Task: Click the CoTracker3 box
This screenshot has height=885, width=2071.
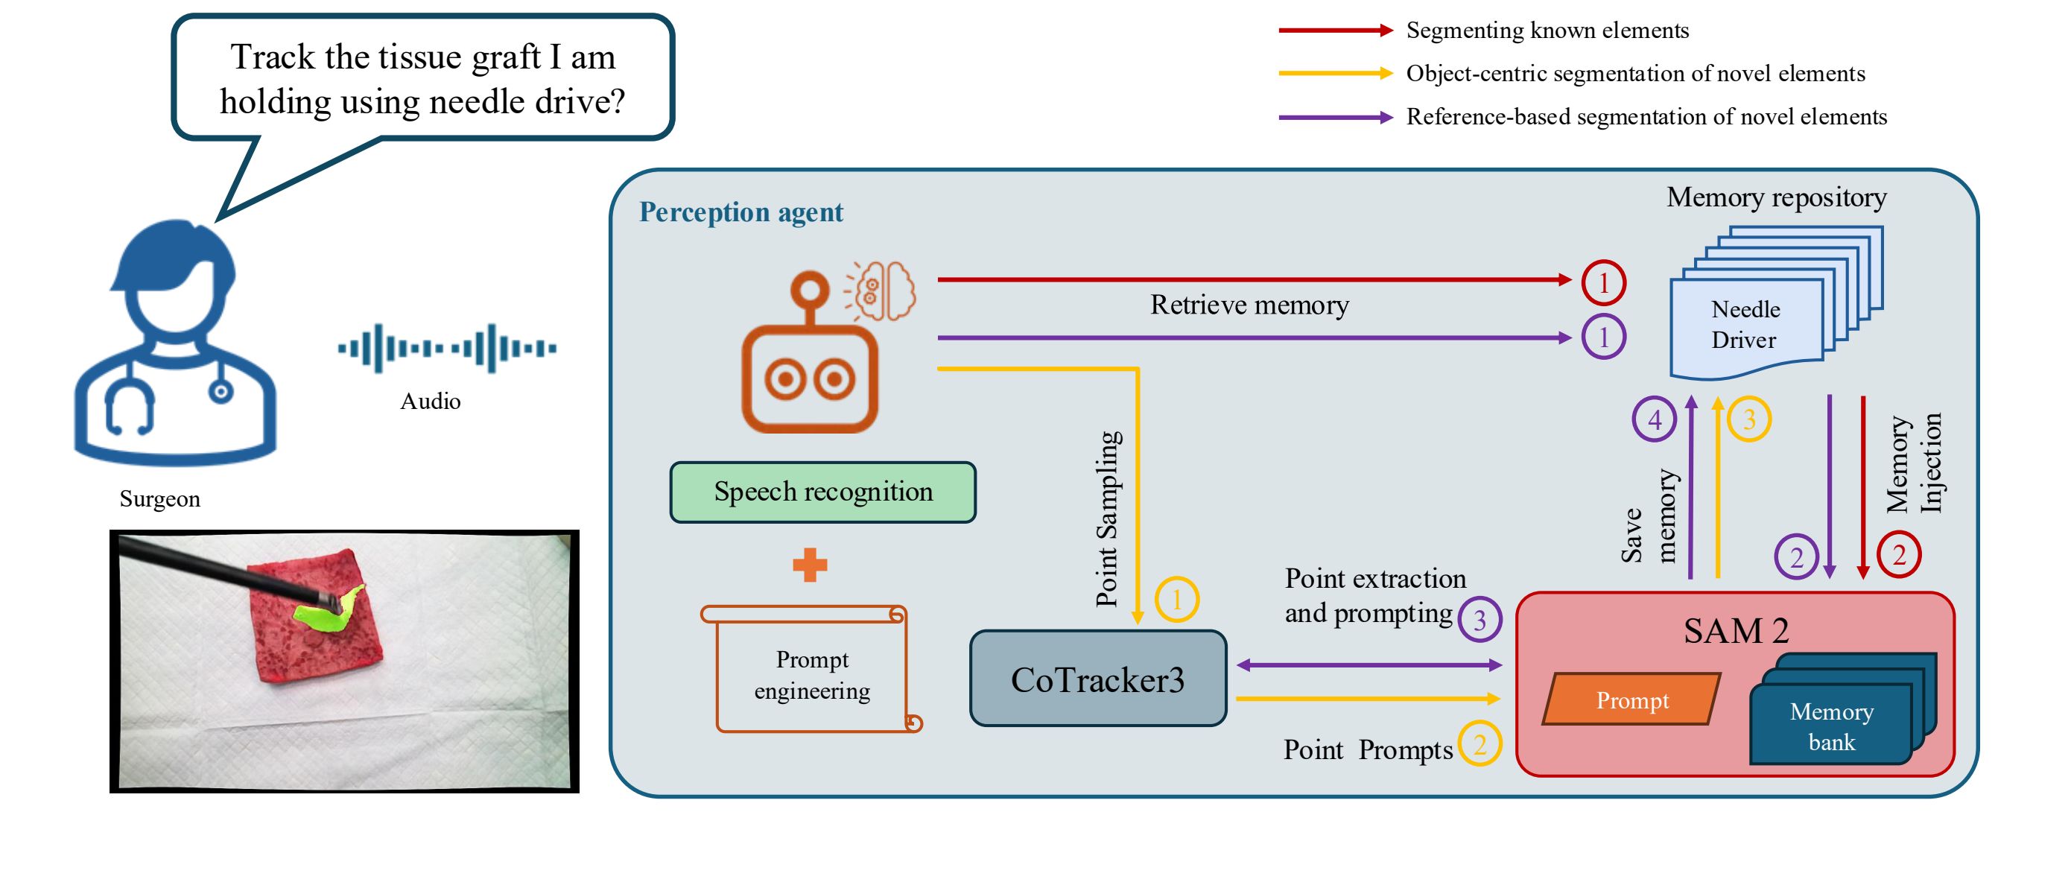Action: (x=1097, y=679)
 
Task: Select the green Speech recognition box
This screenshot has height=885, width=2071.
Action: (x=822, y=492)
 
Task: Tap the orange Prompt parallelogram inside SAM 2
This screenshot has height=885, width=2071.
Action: (x=1631, y=700)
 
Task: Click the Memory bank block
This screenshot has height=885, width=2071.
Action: (x=1831, y=725)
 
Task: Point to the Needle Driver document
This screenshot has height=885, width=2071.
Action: (x=1745, y=326)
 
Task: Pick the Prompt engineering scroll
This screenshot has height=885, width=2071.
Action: (x=811, y=671)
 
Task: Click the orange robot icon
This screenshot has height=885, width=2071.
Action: (x=811, y=362)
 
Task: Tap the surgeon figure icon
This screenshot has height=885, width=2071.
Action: (x=175, y=346)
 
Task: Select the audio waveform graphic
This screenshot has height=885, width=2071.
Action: (x=447, y=348)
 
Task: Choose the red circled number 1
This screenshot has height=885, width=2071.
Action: (x=1603, y=283)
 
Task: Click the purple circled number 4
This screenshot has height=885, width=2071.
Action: (x=1654, y=419)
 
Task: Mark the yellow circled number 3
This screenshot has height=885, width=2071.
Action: (x=1748, y=419)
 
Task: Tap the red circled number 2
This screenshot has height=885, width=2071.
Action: (x=1899, y=555)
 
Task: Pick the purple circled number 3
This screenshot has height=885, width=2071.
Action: (x=1479, y=620)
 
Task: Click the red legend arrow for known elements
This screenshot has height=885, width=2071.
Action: (x=1334, y=31)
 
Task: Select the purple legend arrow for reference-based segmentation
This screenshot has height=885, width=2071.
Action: (x=1334, y=118)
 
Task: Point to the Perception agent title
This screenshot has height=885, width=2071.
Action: (x=740, y=212)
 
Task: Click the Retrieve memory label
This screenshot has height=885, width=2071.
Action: (x=1249, y=305)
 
